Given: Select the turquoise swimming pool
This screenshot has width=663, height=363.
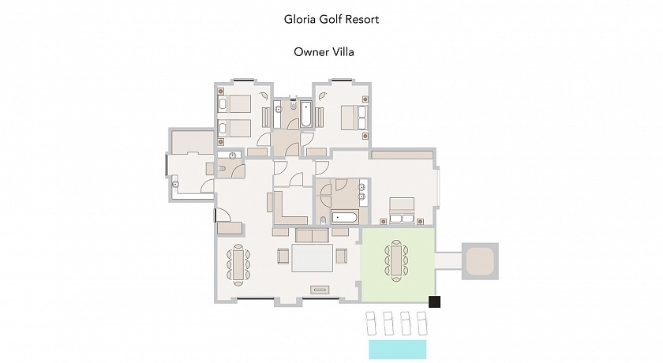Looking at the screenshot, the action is point(398,350).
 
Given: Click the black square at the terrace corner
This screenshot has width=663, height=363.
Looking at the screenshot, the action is point(435,301).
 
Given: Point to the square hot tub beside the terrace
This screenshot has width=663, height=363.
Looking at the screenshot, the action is point(480,261).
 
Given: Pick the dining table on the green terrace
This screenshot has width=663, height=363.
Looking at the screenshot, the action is point(396,260).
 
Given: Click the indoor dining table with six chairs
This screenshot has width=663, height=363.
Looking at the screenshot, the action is point(238,264).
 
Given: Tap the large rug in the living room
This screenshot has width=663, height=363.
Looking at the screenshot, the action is point(312,258).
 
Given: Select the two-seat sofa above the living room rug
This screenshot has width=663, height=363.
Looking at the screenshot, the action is point(312,235).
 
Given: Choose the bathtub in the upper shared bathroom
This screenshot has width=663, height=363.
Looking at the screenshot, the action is point(306,114).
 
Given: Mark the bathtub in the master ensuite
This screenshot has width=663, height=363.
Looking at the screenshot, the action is point(345,218).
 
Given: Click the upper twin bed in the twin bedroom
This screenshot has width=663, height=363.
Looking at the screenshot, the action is point(234,103).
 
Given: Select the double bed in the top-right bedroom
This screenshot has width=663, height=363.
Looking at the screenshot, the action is point(354,118).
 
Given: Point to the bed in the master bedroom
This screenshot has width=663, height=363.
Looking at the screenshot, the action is point(401,210).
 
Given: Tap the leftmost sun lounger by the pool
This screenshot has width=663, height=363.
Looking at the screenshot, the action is point(371,324).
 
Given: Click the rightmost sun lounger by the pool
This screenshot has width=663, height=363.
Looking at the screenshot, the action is point(421,324).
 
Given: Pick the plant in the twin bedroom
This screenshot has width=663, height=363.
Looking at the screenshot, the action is point(264,96).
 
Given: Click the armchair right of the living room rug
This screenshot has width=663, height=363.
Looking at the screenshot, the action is point(341,256).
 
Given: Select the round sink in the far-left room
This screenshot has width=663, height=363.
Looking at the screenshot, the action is point(175,184).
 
